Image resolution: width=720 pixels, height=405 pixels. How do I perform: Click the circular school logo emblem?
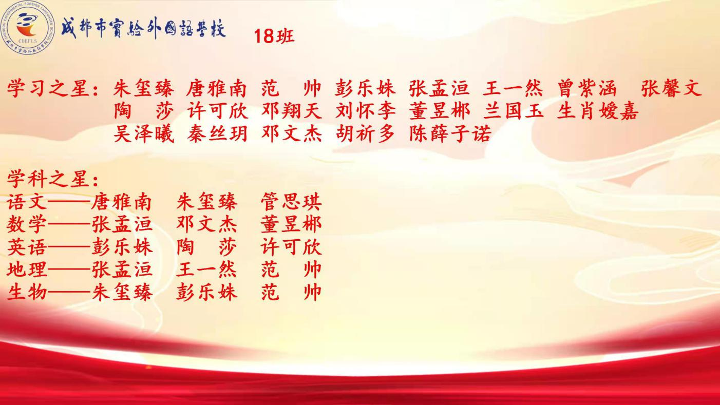click(x=28, y=28)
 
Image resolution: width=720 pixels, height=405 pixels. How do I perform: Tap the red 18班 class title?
click(x=274, y=35)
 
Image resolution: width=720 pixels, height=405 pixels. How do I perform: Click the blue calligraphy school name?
click(x=144, y=28)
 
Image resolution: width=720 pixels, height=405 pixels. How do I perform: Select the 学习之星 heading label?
click(x=48, y=88)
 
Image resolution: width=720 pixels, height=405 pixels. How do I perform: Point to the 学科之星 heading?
click(x=48, y=179)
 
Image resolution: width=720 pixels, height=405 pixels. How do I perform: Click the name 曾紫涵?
click(x=587, y=88)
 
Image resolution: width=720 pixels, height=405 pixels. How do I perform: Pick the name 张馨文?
click(x=671, y=88)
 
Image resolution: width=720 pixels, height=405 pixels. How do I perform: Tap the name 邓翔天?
click(x=292, y=111)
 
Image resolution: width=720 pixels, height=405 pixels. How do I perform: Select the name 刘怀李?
click(x=366, y=111)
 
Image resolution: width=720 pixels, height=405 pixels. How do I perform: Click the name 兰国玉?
click(x=514, y=111)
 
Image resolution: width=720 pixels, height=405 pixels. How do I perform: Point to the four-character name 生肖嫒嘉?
click(x=598, y=111)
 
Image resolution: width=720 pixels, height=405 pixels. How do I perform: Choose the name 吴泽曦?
click(x=144, y=133)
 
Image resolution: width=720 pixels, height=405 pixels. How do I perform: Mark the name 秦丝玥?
click(x=217, y=133)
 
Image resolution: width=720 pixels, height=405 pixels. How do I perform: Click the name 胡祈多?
click(x=365, y=133)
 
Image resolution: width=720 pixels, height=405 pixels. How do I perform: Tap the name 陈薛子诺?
click(x=450, y=133)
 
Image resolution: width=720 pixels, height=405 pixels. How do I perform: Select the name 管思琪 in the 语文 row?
click(x=291, y=202)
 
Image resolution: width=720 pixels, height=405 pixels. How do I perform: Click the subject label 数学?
click(x=27, y=224)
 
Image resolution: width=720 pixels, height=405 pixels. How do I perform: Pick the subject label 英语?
click(x=27, y=247)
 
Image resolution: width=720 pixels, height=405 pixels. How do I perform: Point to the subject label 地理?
click(x=27, y=269)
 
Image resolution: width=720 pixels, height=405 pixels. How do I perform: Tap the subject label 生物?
click(x=27, y=292)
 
